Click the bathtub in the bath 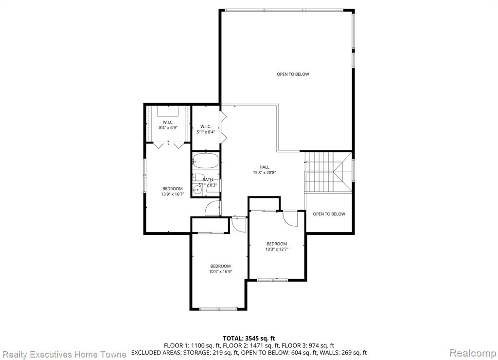206,161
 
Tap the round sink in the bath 197,190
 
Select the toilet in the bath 198,178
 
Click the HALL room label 264,167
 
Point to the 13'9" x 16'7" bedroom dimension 173,194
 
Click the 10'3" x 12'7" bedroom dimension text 277,250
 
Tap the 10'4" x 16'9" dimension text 220,271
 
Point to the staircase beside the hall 328,172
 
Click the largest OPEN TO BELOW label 293,74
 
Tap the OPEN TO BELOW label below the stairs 329,214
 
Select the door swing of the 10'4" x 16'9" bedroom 239,225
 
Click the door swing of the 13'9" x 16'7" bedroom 212,208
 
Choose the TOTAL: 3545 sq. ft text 249,339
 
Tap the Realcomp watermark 473,353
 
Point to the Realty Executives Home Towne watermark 65,354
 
